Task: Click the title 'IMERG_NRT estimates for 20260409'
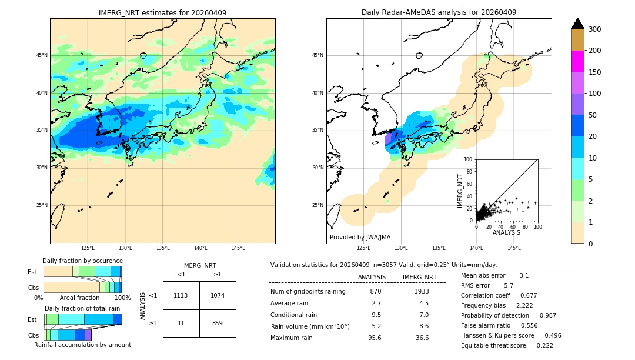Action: (162, 12)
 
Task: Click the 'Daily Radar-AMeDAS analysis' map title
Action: (439, 12)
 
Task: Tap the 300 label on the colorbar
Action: (596, 29)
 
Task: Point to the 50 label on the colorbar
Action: (593, 115)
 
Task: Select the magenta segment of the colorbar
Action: (577, 61)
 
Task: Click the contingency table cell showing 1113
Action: (181, 295)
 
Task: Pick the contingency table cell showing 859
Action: (218, 323)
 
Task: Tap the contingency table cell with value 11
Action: (181, 323)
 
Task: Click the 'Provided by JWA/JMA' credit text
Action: (360, 238)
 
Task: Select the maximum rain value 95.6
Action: (375, 338)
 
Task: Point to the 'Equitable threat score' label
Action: (497, 345)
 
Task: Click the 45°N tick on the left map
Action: (42, 55)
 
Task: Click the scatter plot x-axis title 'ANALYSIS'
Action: (506, 233)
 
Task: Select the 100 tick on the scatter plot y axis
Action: (468, 159)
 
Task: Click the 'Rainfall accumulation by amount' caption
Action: (82, 345)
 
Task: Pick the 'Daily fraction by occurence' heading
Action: (82, 261)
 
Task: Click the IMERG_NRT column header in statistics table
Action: (419, 277)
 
